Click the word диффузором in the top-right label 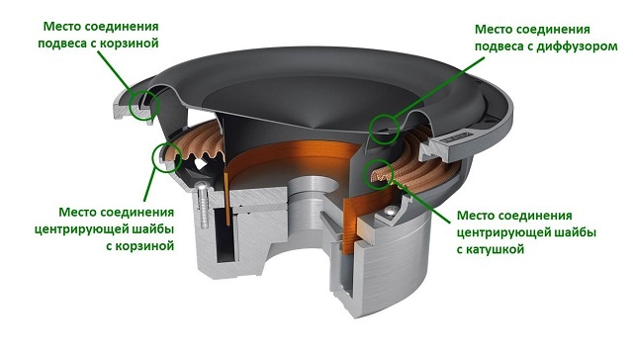point(577,46)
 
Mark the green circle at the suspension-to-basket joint point(143,106)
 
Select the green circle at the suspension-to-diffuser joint point(385,129)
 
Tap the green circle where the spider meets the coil point(379,173)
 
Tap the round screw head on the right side point(389,210)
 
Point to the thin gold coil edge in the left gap point(227,199)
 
